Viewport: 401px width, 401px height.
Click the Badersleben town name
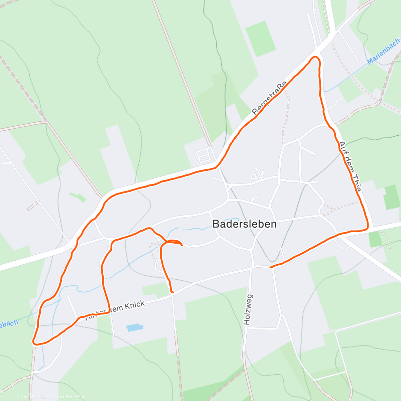(245, 224)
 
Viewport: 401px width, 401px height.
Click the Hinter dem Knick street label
(115, 310)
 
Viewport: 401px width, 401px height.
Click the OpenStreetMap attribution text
(70, 397)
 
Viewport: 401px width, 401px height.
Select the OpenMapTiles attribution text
(35, 397)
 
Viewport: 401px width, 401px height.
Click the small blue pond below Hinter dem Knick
(135, 327)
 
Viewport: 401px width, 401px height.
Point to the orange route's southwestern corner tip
(34, 342)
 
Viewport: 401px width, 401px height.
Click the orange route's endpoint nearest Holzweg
(270, 267)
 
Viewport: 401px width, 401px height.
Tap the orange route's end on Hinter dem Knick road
(172, 292)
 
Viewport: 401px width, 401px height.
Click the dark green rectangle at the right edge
(392, 197)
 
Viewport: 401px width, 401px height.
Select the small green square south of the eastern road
(375, 239)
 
